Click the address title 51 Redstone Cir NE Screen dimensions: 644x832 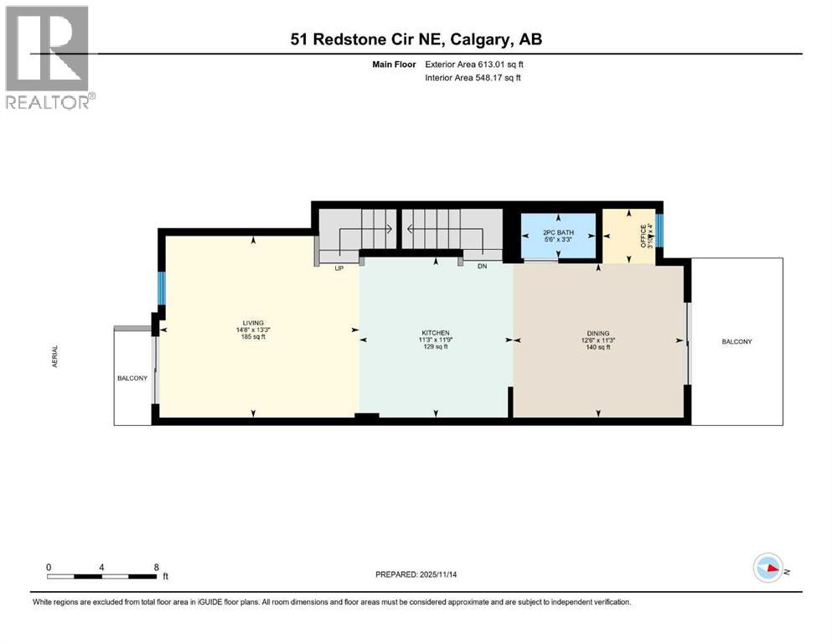(416, 39)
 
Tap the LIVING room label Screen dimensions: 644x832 (253, 323)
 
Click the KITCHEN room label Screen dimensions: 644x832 (435, 333)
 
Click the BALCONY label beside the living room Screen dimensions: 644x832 (132, 378)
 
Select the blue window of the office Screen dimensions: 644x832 (659, 231)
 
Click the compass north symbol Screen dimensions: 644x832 (768, 569)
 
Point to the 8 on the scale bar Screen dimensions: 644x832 (157, 567)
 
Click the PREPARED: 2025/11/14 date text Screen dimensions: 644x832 (416, 574)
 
